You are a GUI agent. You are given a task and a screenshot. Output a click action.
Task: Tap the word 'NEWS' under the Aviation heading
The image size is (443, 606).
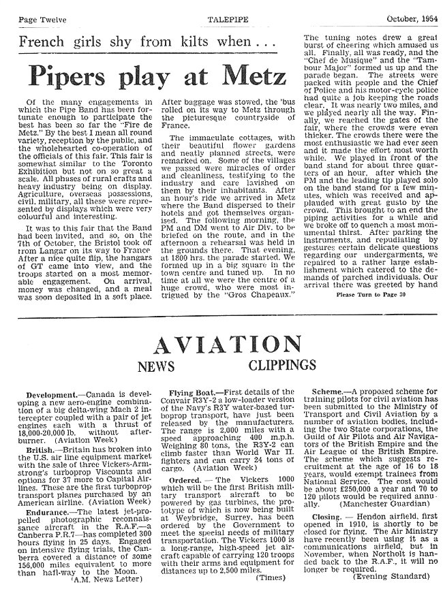pyautogui.click(x=157, y=368)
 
